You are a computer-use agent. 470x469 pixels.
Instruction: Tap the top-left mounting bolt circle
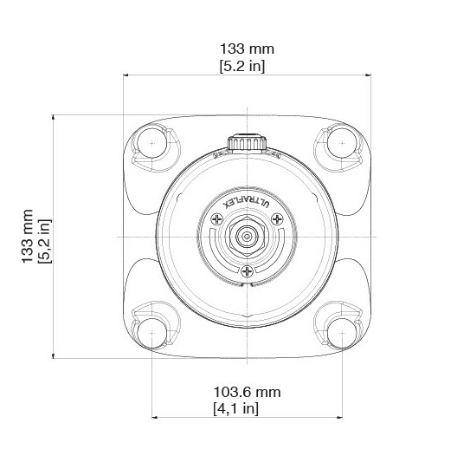point(152,143)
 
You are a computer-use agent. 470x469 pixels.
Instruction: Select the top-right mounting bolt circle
point(342,143)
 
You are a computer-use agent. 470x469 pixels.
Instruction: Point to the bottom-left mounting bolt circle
point(152,333)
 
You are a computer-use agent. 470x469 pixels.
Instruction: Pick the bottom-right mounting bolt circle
point(342,333)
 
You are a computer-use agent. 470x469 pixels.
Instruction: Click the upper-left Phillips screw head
point(216,219)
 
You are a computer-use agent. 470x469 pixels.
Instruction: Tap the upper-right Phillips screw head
point(277,219)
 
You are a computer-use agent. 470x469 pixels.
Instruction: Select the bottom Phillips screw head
point(247,271)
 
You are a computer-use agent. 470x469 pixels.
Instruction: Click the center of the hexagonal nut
point(247,237)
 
